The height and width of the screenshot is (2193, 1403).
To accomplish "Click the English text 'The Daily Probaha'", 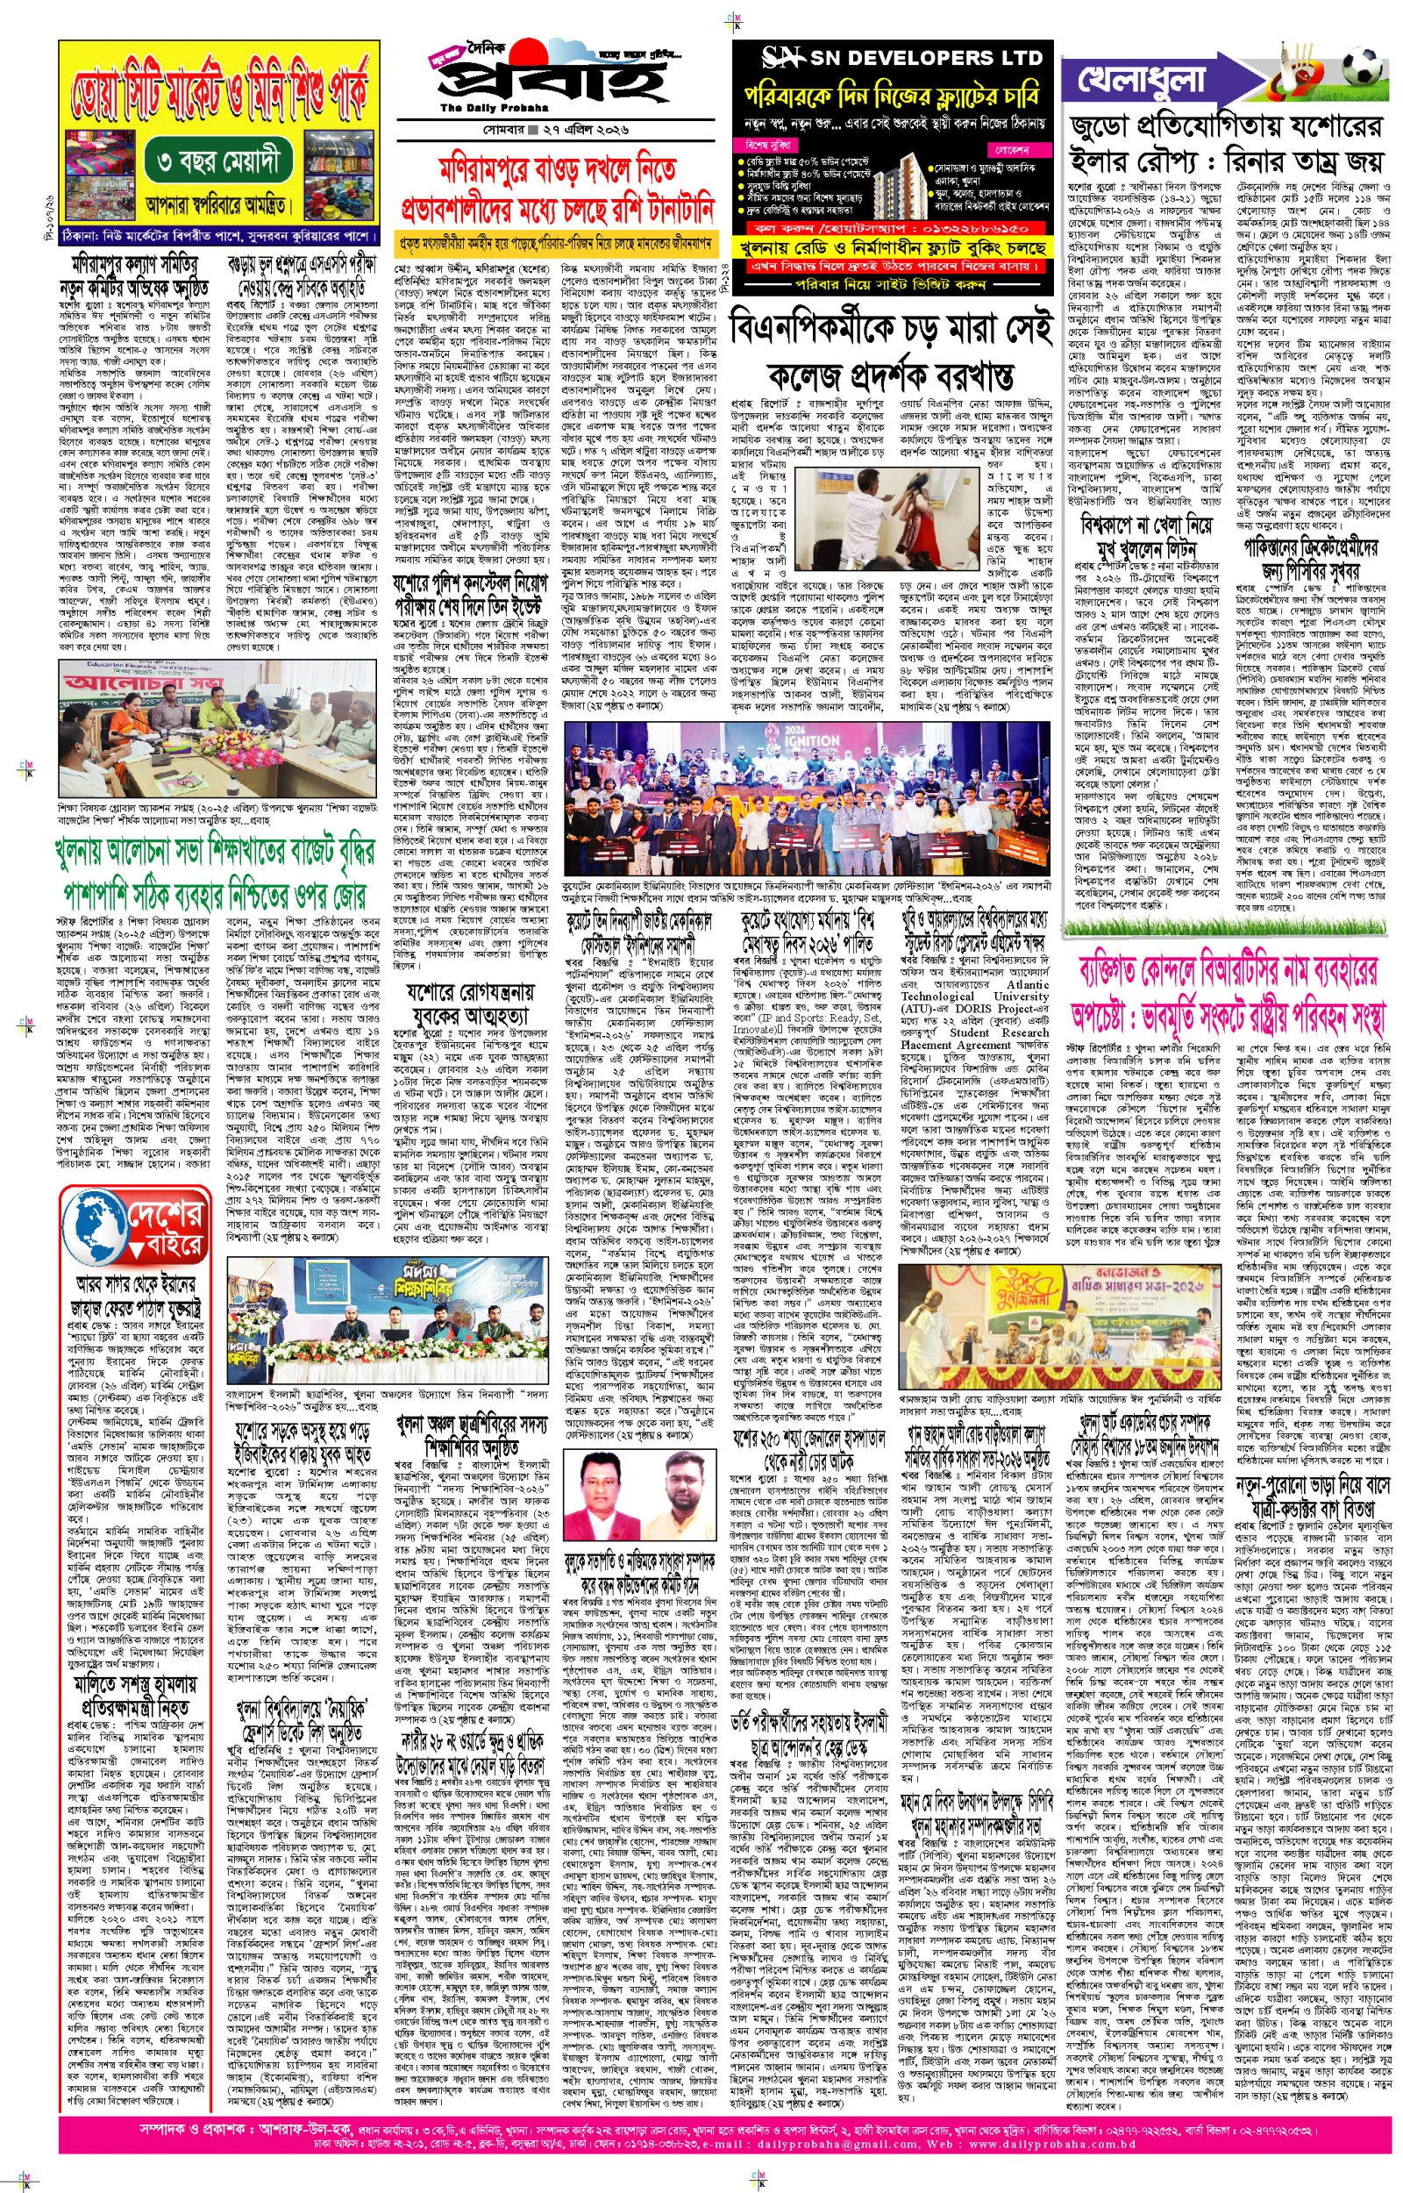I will point(483,109).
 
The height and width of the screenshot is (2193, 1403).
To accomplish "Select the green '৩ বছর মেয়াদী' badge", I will point(217,162).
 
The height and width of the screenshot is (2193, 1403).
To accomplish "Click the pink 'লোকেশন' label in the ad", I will point(1012,149).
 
